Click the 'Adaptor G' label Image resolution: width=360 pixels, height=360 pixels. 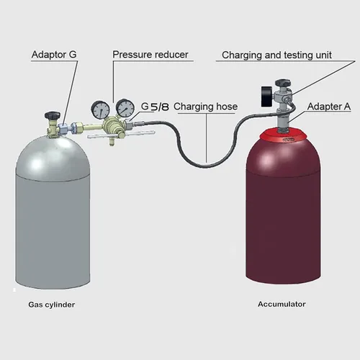[x=54, y=55]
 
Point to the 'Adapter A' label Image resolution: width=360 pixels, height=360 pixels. [x=329, y=107]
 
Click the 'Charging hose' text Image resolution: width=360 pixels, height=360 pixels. [x=205, y=107]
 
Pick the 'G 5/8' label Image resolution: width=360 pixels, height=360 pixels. [x=155, y=107]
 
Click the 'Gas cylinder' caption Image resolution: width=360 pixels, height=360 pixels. [x=51, y=305]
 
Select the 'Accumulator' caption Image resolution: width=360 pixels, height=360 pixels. [x=282, y=304]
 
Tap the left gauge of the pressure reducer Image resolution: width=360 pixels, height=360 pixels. [x=101, y=109]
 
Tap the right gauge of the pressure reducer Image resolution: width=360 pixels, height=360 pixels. [x=125, y=109]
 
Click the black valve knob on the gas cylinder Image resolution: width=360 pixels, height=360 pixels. [x=52, y=115]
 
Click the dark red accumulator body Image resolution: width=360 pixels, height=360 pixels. [x=282, y=216]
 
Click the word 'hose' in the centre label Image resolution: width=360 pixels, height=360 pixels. [x=226, y=107]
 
